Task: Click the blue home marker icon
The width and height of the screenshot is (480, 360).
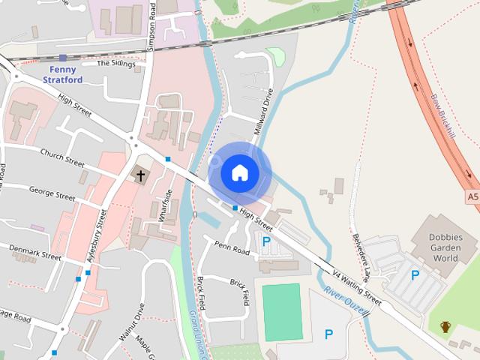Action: click(239, 172)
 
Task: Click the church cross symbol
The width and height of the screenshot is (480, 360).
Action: click(139, 175)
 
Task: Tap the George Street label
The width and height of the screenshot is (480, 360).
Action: click(52, 193)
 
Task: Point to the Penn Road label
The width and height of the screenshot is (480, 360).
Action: click(232, 247)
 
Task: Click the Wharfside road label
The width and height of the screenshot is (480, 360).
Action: click(166, 205)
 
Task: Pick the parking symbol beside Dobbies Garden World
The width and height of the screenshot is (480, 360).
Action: click(415, 275)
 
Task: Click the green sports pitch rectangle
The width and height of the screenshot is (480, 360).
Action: click(282, 311)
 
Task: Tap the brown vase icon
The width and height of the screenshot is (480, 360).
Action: click(445, 326)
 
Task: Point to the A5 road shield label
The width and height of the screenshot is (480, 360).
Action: click(472, 197)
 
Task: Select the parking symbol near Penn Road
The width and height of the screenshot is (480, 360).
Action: click(265, 241)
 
